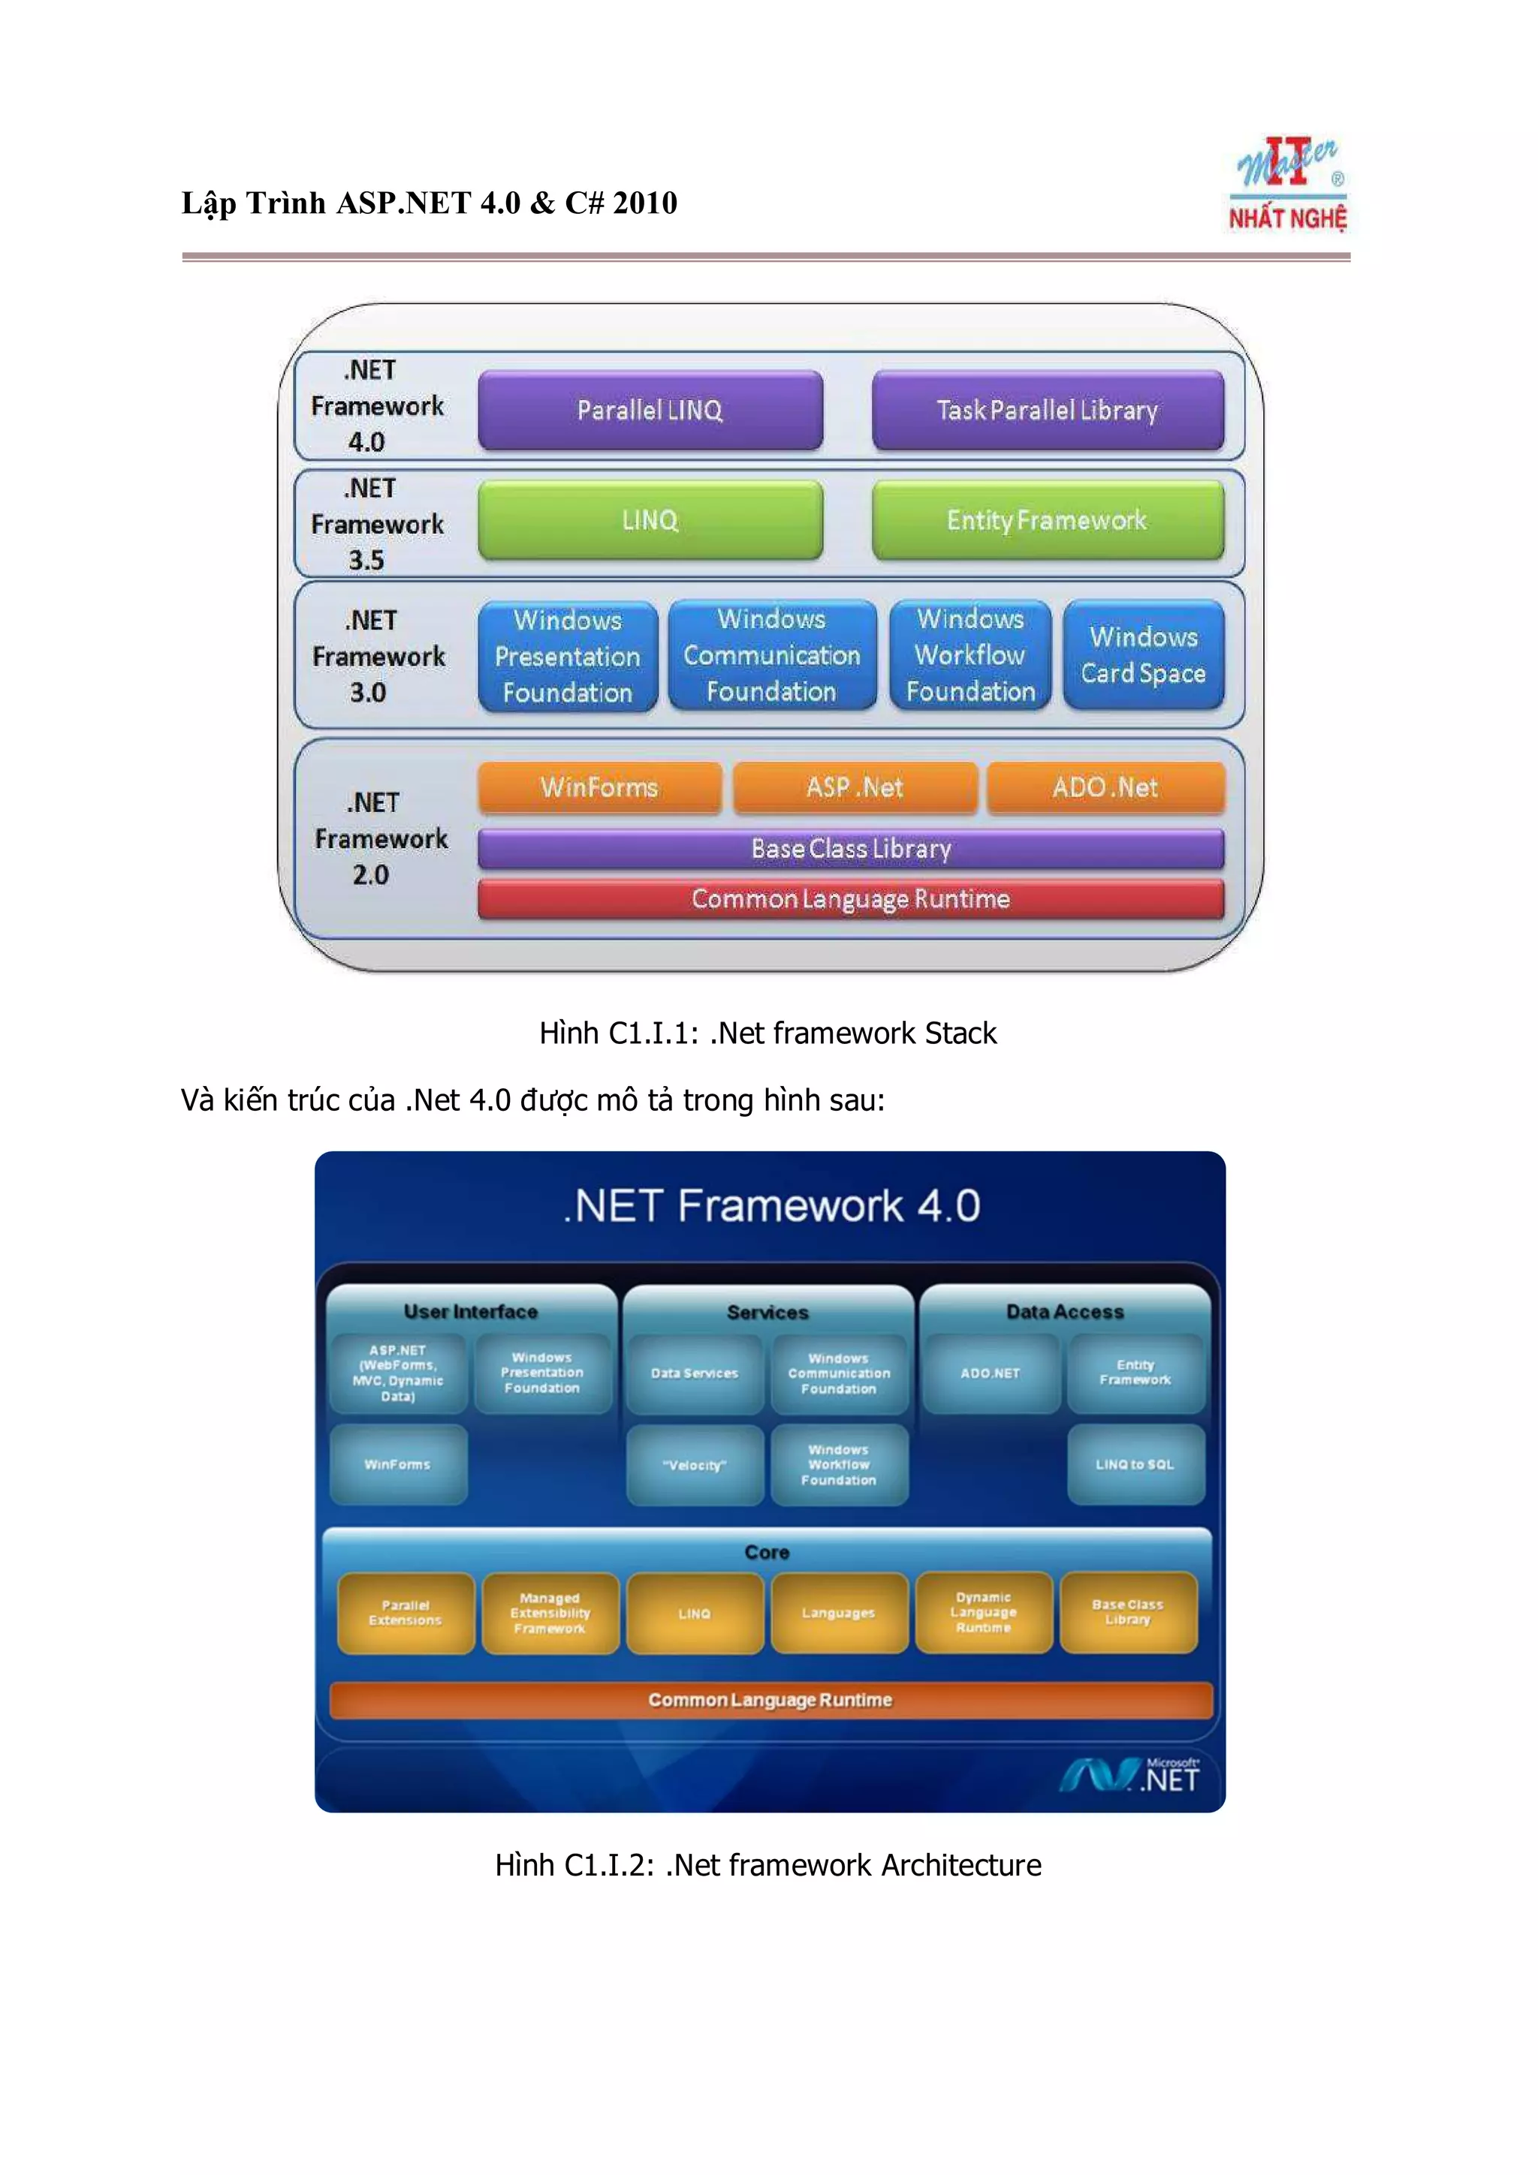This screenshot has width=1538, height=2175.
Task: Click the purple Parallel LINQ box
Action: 650,411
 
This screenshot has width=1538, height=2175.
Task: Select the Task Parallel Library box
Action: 1047,411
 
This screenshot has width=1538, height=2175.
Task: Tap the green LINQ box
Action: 650,520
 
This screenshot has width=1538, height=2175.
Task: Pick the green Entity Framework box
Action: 1047,520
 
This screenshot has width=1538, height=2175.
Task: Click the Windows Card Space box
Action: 1143,654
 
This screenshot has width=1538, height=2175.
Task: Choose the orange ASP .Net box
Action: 855,787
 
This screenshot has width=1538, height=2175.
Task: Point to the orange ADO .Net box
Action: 1105,787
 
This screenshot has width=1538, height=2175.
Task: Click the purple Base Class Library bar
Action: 850,848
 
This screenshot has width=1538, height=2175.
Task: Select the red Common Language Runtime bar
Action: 850,898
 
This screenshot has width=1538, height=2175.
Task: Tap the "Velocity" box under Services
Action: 695,1464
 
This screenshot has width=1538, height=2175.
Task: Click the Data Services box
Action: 695,1373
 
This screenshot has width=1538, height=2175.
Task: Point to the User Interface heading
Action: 470,1312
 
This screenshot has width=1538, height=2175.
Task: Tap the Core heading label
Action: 767,1551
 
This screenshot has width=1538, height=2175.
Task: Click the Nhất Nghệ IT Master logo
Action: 1289,185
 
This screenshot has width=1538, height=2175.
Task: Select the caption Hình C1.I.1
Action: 767,1033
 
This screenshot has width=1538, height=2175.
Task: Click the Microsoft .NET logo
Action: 1129,1775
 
